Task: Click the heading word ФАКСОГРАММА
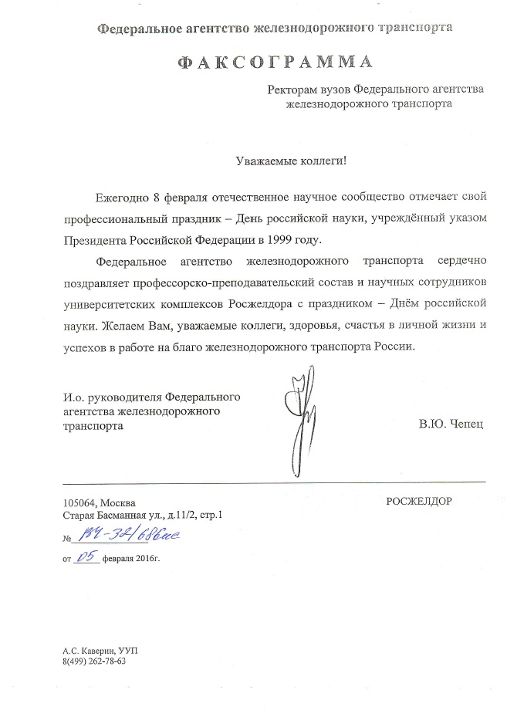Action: [275, 63]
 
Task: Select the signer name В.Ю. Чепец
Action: [451, 425]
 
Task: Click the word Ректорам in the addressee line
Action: [291, 89]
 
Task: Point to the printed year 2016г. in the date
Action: [149, 556]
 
